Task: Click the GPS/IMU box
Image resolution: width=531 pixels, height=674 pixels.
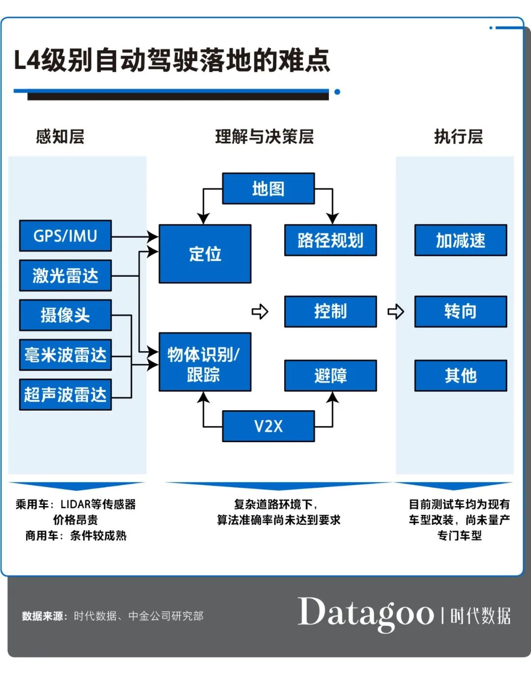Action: (x=65, y=236)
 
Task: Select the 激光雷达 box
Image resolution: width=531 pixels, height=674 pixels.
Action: (x=65, y=276)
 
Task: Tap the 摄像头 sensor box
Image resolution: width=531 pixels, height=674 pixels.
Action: (x=65, y=315)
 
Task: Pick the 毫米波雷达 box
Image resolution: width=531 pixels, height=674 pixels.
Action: (x=65, y=355)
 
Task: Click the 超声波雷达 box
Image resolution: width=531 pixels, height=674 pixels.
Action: (x=65, y=394)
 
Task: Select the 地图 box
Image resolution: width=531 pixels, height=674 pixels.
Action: (x=268, y=189)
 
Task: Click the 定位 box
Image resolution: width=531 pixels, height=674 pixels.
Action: (x=205, y=254)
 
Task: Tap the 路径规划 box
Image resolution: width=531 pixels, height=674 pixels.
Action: (x=330, y=240)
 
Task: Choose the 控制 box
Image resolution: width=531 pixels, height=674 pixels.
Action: (x=330, y=312)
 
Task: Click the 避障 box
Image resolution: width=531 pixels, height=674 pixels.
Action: (x=330, y=376)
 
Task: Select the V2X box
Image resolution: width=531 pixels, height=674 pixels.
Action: (x=268, y=426)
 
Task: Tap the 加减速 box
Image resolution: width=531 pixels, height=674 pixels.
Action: (x=461, y=240)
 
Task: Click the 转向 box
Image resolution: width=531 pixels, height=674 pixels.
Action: (x=461, y=312)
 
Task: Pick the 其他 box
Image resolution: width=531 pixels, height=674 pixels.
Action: (x=461, y=376)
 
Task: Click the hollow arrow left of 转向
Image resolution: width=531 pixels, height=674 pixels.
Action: (x=396, y=312)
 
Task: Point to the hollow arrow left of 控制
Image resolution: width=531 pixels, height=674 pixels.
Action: (x=260, y=312)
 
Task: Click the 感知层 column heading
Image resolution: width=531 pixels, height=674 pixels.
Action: (x=60, y=136)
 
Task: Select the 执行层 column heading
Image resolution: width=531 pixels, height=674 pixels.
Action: (x=458, y=136)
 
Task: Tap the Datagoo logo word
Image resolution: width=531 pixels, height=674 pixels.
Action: (x=366, y=613)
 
